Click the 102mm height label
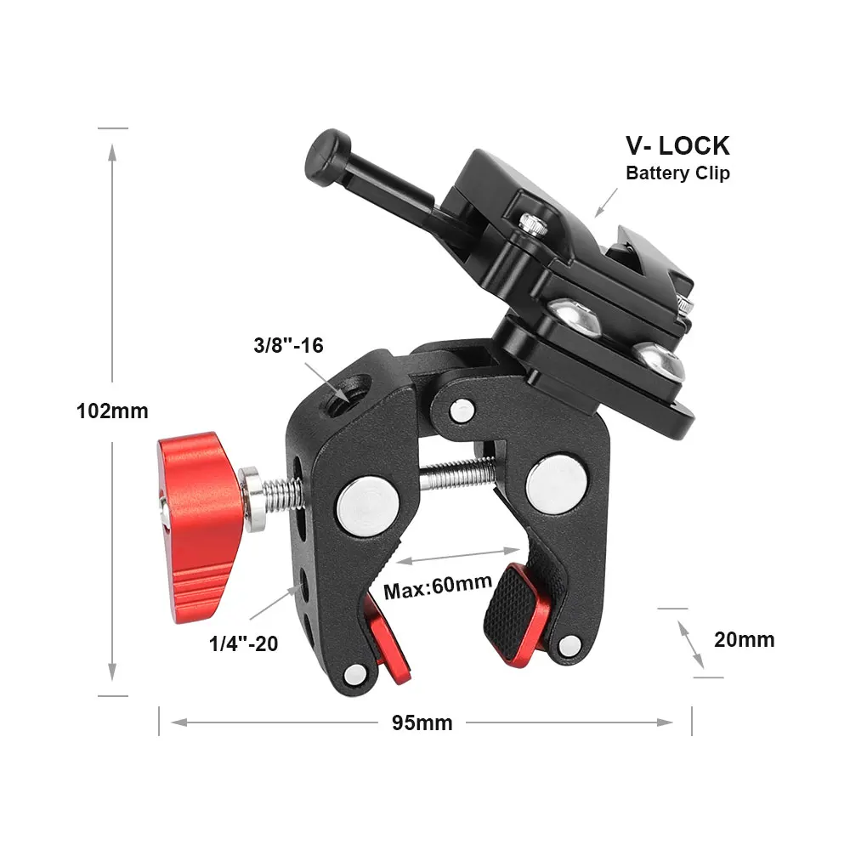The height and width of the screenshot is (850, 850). tap(112, 411)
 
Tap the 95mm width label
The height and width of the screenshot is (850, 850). tap(422, 722)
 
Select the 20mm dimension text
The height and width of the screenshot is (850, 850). tap(744, 640)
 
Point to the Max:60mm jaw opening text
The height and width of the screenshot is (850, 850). tap(438, 586)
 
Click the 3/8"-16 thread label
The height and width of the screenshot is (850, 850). tap(288, 345)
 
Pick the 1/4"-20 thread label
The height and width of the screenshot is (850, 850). tap(243, 643)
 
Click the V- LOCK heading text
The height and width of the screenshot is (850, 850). tap(677, 145)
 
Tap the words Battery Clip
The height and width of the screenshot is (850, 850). tap(677, 173)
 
